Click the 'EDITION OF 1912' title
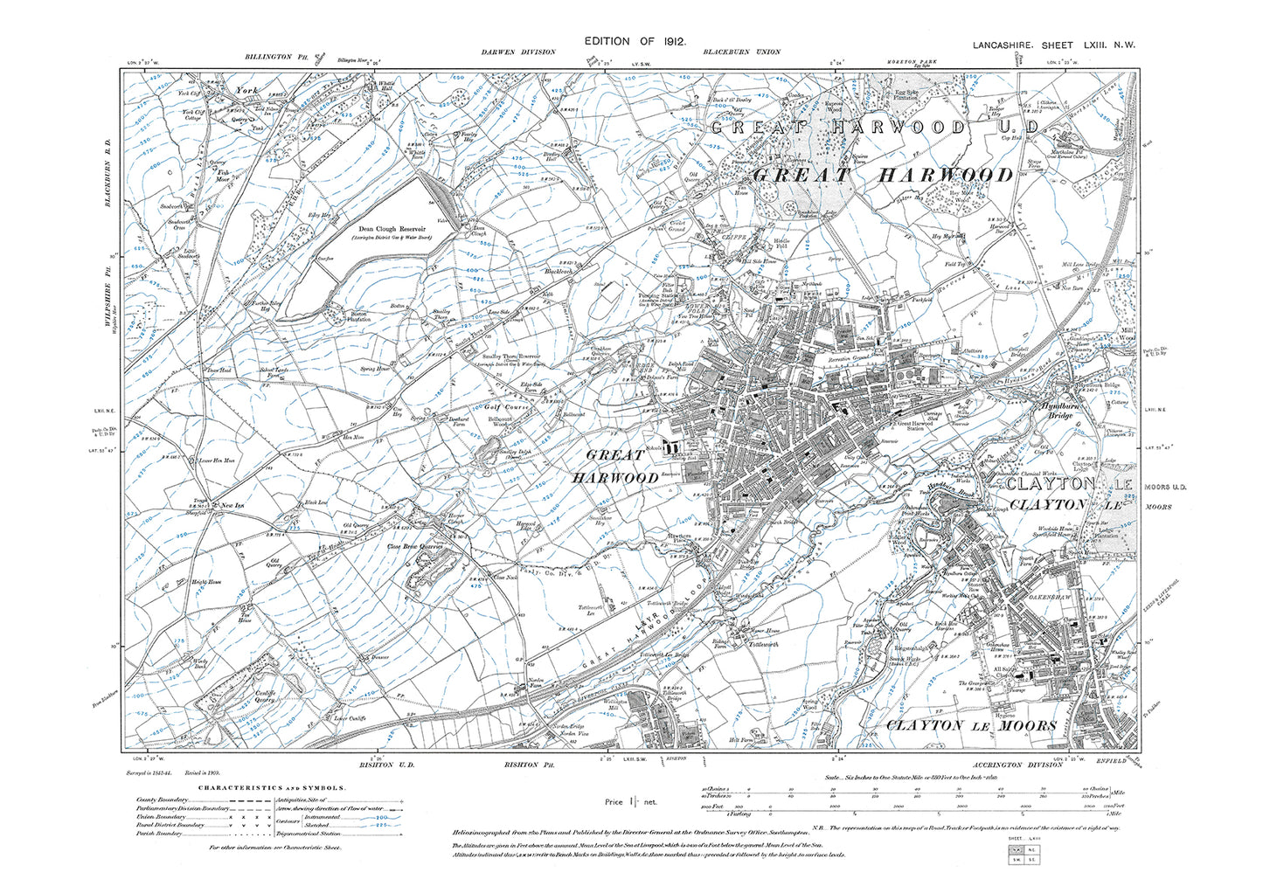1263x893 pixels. [x=635, y=41]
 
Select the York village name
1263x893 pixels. [x=243, y=89]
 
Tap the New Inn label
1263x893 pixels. [x=232, y=506]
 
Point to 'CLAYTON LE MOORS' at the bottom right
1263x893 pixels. [x=971, y=725]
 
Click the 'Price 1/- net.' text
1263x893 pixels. [x=630, y=801]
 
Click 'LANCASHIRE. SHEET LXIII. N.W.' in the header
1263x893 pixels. [x=1053, y=45]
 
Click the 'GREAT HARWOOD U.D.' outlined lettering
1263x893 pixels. [x=874, y=128]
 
